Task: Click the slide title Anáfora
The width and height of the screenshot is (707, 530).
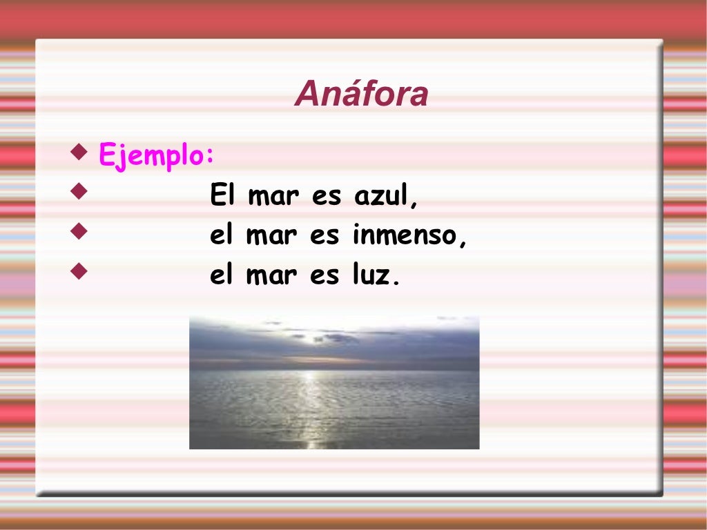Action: click(x=361, y=95)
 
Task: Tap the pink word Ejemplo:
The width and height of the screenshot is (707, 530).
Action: click(x=157, y=155)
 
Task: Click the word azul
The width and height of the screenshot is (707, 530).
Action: click(x=386, y=197)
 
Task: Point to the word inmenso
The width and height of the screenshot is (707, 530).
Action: click(x=409, y=236)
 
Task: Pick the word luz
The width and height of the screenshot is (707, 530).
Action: click(x=376, y=275)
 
